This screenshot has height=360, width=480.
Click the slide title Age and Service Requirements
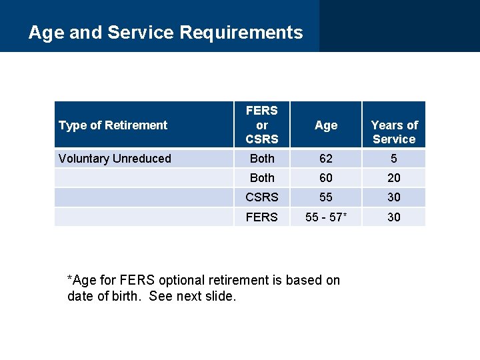[x=165, y=32]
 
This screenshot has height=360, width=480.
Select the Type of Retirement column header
[x=113, y=125]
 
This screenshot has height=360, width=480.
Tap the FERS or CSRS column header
[x=261, y=125]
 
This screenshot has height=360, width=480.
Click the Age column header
[x=326, y=125]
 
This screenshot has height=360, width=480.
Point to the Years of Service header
[x=394, y=132]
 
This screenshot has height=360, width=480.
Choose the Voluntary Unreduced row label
[x=115, y=159]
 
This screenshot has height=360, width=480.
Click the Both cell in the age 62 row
[x=261, y=159]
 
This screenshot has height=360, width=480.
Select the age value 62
[x=326, y=159]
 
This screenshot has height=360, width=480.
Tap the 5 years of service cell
[x=394, y=159]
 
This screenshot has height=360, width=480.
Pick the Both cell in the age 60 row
[x=261, y=178]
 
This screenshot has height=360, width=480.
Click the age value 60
[x=326, y=178]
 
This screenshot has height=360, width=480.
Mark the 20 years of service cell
[x=394, y=178]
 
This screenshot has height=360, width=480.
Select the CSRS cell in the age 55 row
[x=261, y=197]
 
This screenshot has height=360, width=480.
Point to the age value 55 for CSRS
[x=326, y=197]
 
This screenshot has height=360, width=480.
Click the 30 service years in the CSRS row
[x=394, y=197]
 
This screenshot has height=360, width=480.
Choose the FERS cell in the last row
[x=261, y=217]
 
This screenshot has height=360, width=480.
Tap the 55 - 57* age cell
[x=326, y=217]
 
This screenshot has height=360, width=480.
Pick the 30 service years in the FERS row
[x=394, y=217]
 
